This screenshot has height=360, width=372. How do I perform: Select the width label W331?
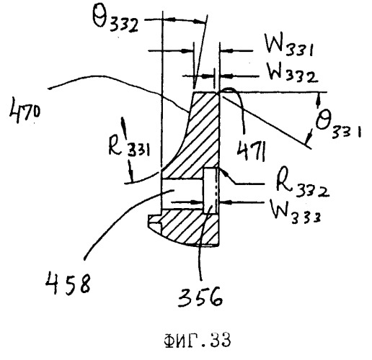click(289, 45)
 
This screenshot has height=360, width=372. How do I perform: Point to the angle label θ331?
click(338, 124)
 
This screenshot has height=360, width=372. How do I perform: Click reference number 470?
click(25, 109)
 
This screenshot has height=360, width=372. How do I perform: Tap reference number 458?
click(68, 282)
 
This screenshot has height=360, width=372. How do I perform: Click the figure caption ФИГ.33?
click(197, 340)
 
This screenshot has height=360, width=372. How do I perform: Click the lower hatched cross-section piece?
click(190, 228)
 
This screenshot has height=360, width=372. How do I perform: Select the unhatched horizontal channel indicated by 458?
click(182, 194)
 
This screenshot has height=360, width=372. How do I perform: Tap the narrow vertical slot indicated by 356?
click(211, 191)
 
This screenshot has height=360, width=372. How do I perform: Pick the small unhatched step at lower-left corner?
click(154, 218)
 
